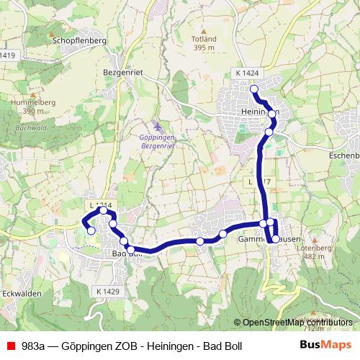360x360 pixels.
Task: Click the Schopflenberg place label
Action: pyautogui.click(x=79, y=41)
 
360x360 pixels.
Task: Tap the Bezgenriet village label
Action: pyautogui.click(x=125, y=73)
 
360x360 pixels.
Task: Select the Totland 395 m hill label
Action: pyautogui.click(x=204, y=43)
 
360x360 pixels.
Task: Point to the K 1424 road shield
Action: pyautogui.click(x=246, y=73)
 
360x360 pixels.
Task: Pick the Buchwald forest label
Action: pyautogui.click(x=27, y=128)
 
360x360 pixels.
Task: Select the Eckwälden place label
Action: pyautogui.click(x=19, y=293)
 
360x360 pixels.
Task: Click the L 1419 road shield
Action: pyautogui.click(x=7, y=55)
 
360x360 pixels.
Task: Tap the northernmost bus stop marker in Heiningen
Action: pyautogui.click(x=253, y=89)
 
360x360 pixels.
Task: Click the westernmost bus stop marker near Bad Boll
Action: pyautogui.click(x=91, y=230)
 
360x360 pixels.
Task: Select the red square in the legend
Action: pyautogui.click(x=10, y=346)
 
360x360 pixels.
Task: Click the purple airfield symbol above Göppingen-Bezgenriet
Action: pyautogui.click(x=158, y=126)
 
